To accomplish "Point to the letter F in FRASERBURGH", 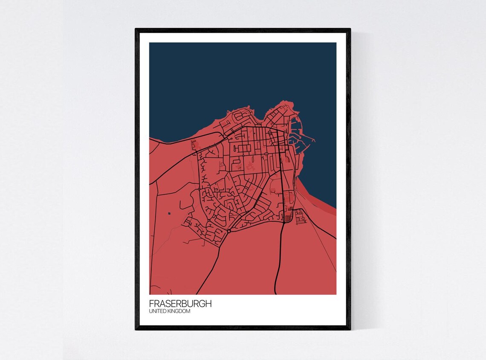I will point(151,304).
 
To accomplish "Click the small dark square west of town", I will point(169,213).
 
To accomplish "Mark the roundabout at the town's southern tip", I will point(229,231).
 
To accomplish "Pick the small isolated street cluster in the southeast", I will point(300,218).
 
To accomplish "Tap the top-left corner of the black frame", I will point(136,29).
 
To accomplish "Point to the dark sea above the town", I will point(239,73).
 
